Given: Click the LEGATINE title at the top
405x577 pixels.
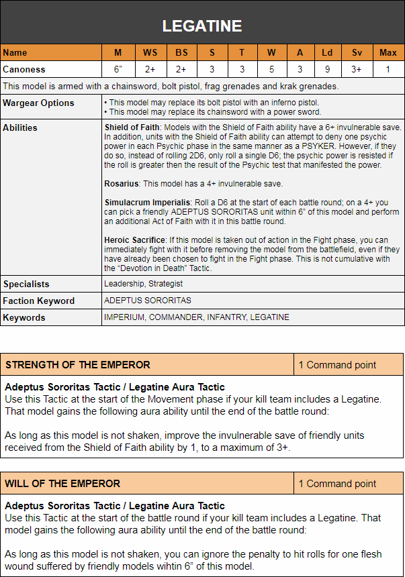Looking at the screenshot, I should pyautogui.click(x=202, y=26).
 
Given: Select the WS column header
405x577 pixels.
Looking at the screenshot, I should pyautogui.click(x=150, y=52).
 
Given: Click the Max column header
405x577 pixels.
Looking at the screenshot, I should pyautogui.click(x=388, y=52).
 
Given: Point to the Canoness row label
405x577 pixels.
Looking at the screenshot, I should pyautogui.click(x=24, y=68).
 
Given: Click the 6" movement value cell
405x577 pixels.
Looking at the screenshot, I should pyautogui.click(x=118, y=68).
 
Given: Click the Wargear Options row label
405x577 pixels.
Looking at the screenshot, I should pyautogui.click(x=38, y=103).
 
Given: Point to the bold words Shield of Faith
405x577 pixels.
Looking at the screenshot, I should pyautogui.click(x=132, y=127).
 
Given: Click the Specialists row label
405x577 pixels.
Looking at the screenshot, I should pyautogui.click(x=26, y=284).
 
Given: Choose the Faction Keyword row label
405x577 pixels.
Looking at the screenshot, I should pyautogui.click(x=38, y=301).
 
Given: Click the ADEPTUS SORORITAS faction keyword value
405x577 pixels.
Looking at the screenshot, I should pyautogui.click(x=147, y=301).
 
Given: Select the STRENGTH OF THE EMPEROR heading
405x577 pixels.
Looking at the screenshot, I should pyautogui.click(x=77, y=365).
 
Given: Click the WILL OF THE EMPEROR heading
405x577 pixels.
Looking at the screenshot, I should pyautogui.click(x=62, y=483).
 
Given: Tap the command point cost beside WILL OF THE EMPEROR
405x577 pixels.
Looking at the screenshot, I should pyautogui.click(x=337, y=483).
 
